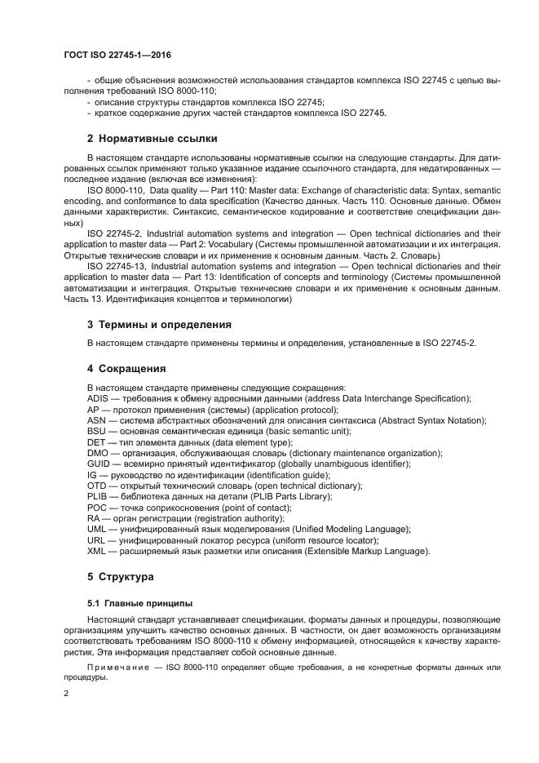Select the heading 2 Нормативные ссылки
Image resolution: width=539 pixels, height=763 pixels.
pos(152,138)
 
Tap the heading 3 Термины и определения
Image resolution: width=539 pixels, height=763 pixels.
pos(159,324)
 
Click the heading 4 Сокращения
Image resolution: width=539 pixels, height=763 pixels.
pos(126,368)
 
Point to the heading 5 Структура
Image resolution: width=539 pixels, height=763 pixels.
pos(121,577)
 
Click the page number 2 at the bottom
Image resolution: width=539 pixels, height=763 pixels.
pos(67,693)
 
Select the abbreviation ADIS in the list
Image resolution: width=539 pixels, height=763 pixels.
pos(98,398)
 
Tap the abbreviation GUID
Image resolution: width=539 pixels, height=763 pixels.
pos(98,464)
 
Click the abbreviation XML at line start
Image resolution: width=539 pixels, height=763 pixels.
pos(96,551)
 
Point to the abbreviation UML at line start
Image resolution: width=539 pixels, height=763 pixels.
pos(96,529)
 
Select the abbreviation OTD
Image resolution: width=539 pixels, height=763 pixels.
pos(97,486)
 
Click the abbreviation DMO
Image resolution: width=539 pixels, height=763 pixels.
pos(97,453)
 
